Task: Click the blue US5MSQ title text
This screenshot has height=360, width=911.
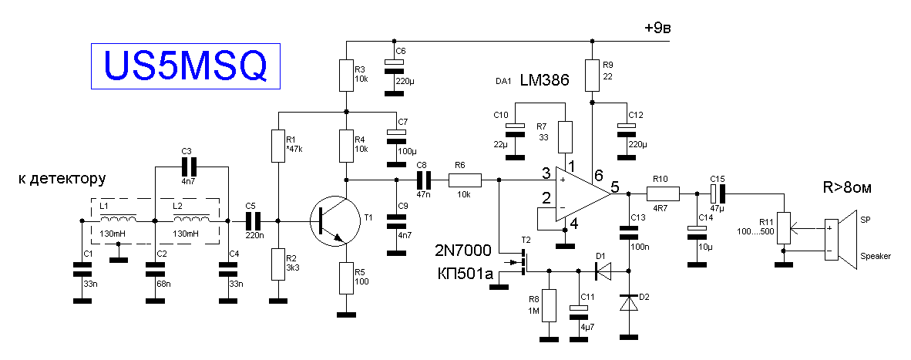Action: click(x=186, y=66)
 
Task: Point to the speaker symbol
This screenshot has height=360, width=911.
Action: click(x=841, y=240)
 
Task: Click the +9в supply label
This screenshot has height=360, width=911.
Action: click(x=657, y=28)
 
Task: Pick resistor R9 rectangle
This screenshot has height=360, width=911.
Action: click(x=592, y=75)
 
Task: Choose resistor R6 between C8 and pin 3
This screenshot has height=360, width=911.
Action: click(x=465, y=180)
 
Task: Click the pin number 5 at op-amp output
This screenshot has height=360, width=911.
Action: click(x=615, y=187)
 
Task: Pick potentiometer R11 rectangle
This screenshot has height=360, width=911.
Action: click(x=785, y=228)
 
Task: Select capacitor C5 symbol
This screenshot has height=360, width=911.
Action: click(x=253, y=220)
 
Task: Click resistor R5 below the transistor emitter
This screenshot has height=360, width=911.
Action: click(x=346, y=278)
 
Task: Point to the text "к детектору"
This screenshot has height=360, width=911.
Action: click(x=62, y=179)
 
